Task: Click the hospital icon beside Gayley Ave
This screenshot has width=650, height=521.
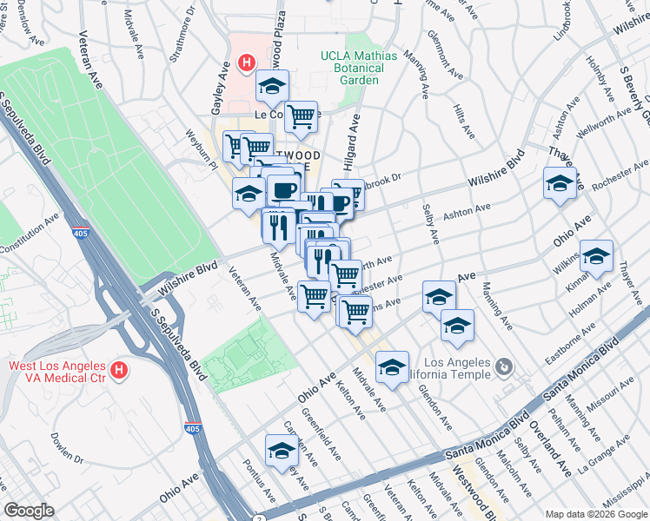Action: [247, 63]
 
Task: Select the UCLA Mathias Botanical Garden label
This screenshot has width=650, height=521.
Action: [359, 68]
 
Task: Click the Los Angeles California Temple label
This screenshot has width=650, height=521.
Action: [454, 368]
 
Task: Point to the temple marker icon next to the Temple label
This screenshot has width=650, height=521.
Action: [503, 368]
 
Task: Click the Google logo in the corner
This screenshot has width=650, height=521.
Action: [29, 511]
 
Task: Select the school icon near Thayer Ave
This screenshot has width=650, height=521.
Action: [559, 183]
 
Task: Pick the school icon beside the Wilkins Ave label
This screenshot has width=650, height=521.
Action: [596, 256]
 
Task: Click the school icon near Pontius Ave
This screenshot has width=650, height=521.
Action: [281, 451]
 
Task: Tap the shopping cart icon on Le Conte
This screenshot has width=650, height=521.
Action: [301, 115]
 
